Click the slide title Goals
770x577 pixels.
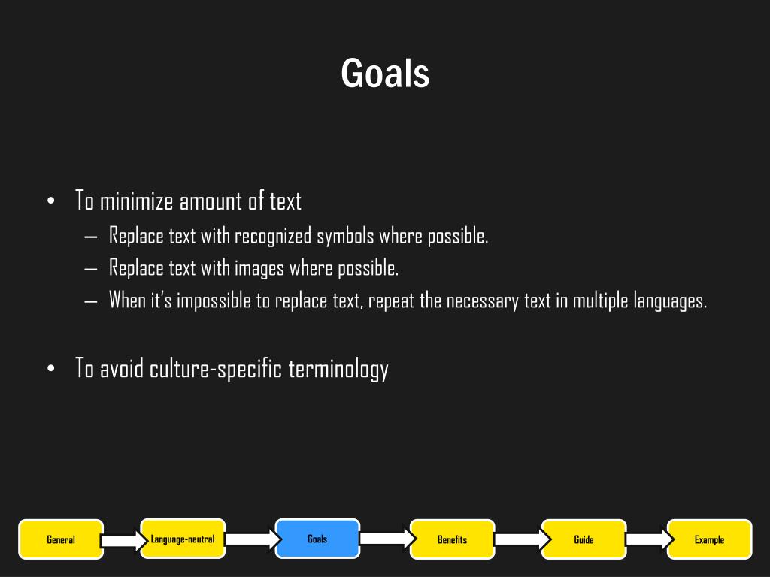pos(385,74)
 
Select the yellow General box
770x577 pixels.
pos(61,539)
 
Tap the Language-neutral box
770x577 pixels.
pos(183,539)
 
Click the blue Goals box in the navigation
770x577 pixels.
pos(317,539)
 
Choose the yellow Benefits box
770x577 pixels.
pos(452,539)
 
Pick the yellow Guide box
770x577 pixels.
pos(584,539)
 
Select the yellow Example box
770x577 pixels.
pos(709,539)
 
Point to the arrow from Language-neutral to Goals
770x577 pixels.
pos(251,539)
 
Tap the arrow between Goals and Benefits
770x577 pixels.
pos(386,538)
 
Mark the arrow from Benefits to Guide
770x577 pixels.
pos(520,539)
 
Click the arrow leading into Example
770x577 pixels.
pos(647,539)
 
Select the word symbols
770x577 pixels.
pos(344,236)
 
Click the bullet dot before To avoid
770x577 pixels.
pos(50,368)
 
